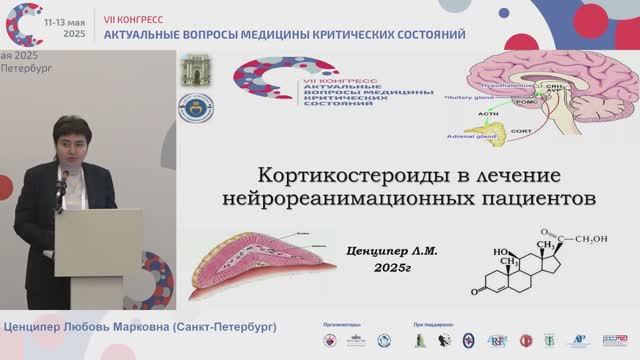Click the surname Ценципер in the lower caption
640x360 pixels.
pos(37,328)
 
